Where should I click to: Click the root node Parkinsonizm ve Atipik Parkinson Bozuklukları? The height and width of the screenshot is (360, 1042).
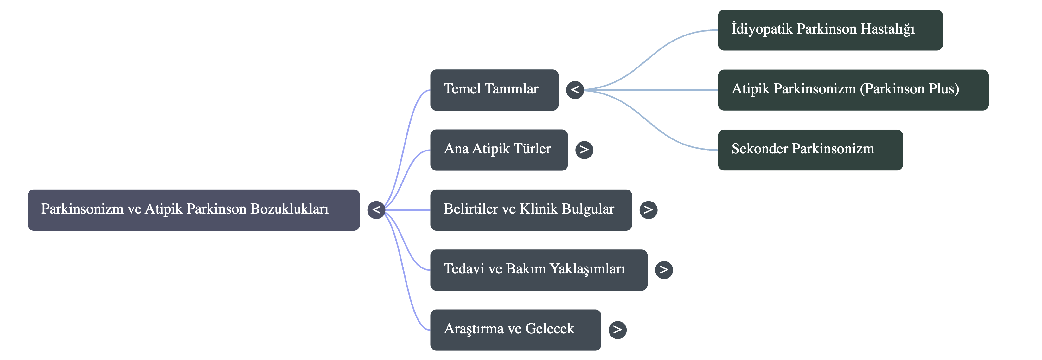coord(193,209)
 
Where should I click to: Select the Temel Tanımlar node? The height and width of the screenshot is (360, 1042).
coord(494,90)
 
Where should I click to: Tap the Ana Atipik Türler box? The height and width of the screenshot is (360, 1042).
coord(498,150)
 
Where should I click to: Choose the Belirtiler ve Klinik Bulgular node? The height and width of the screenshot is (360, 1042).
coord(530,209)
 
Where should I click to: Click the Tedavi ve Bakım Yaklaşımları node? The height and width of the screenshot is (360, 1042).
coord(538,270)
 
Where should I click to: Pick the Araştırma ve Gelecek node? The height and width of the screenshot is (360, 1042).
coord(515,330)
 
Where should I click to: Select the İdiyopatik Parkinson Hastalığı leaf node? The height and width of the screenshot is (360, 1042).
coord(830,30)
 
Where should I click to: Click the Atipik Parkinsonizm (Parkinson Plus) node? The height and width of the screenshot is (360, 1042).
coord(853,90)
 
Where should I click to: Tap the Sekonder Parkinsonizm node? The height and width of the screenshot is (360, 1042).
coord(810,150)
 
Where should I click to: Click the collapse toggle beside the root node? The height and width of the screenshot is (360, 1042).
coord(376,210)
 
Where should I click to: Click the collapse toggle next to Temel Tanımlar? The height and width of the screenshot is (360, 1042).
coord(575,90)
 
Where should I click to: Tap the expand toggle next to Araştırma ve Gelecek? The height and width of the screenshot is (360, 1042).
coord(617,330)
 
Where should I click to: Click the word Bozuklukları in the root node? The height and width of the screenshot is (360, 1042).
coord(289,209)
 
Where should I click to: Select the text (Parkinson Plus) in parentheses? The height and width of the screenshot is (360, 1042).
coord(909,89)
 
